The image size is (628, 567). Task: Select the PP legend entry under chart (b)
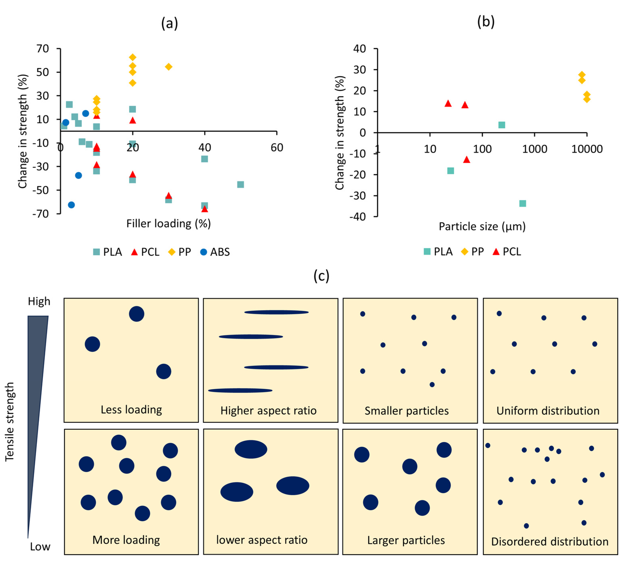473,251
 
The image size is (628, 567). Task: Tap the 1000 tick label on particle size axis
534,149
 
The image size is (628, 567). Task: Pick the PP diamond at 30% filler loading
168,67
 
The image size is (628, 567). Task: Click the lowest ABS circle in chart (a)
71,205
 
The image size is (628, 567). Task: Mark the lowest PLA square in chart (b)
523,203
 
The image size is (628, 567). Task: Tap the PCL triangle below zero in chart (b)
466,160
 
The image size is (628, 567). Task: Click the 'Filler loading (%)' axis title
168,223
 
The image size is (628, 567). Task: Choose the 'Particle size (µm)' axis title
482,227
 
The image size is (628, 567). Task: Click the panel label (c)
321,276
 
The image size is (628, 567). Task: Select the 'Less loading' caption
131,410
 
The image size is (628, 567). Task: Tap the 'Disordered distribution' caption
550,542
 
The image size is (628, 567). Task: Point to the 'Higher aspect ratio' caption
269,411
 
